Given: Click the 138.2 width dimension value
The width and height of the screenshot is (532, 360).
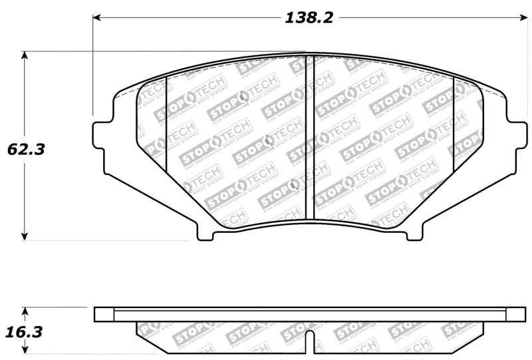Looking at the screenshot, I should tap(309, 18).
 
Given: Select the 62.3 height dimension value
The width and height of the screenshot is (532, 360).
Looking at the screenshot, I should tap(26, 150).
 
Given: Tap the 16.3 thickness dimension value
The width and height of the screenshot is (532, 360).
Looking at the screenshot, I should tap(26, 331).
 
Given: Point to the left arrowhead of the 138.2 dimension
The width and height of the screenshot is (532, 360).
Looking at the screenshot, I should tap(97, 18).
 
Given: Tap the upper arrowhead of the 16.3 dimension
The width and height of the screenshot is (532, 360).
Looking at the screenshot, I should tap(25, 311).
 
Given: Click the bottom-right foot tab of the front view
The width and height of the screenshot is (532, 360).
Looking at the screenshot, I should tap(414, 234).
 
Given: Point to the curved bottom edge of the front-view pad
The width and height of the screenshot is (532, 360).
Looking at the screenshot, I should tap(309, 220).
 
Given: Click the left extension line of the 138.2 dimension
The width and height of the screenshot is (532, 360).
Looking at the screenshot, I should tap(92, 67).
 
